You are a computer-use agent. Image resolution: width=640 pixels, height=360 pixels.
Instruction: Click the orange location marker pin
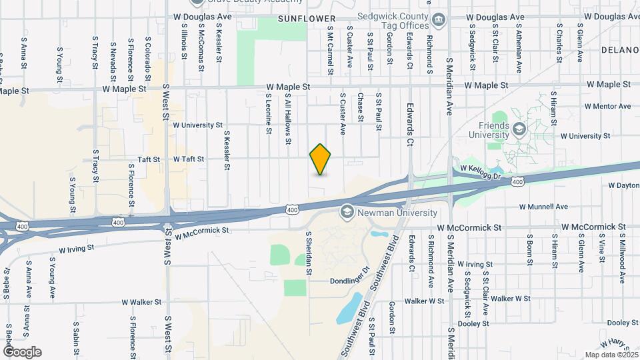321,159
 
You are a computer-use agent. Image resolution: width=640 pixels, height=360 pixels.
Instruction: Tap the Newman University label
398,213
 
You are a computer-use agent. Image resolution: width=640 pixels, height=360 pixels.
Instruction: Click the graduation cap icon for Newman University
347,212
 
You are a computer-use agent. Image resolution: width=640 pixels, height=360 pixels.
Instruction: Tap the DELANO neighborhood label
620,50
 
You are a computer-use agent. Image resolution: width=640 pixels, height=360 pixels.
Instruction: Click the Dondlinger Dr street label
349,281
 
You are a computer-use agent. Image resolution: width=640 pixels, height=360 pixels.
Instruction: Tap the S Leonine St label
269,113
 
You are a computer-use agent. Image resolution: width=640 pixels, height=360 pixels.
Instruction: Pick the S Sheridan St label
309,253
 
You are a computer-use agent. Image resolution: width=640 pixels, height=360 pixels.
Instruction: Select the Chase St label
360,107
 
